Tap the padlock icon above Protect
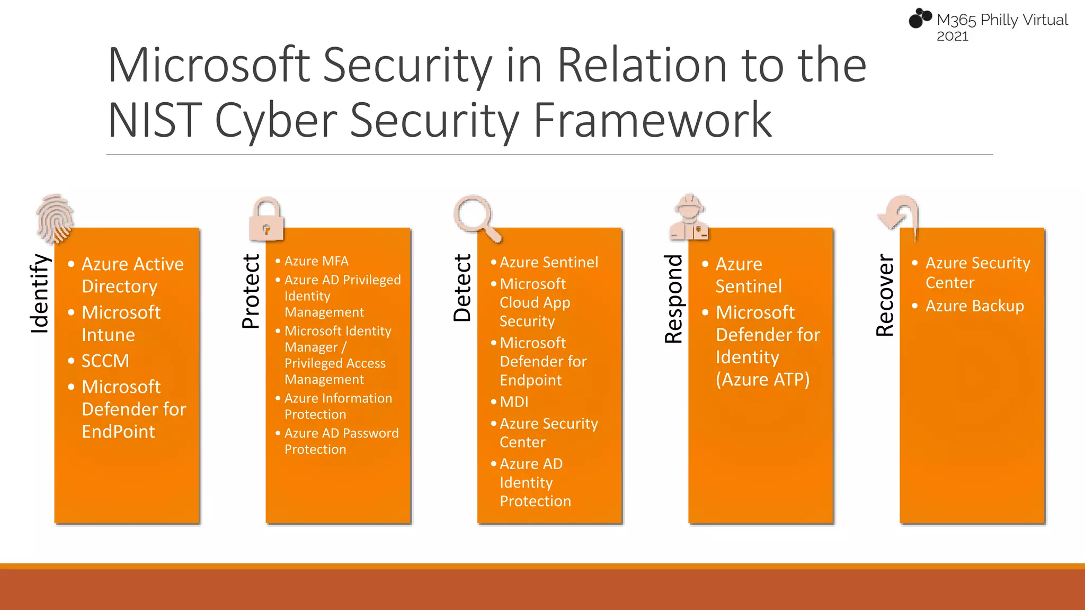pyautogui.click(x=266, y=220)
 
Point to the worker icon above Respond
pyautogui.click(x=689, y=218)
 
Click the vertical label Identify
pyautogui.click(x=40, y=293)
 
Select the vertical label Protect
pyautogui.click(x=251, y=291)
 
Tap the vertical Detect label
pyautogui.click(x=463, y=288)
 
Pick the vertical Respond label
pyautogui.click(x=674, y=299)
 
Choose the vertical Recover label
pyautogui.click(x=885, y=295)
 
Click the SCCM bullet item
pyautogui.click(x=105, y=361)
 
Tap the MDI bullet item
pyautogui.click(x=514, y=402)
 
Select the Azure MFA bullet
pyautogui.click(x=316, y=261)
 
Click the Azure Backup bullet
pyautogui.click(x=974, y=306)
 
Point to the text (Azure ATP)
pyautogui.click(x=762, y=380)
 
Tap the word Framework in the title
pyautogui.click(x=652, y=120)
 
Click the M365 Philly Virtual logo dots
pyautogui.click(x=920, y=19)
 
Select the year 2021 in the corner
pyautogui.click(x=952, y=37)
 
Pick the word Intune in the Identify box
pyautogui.click(x=108, y=335)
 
